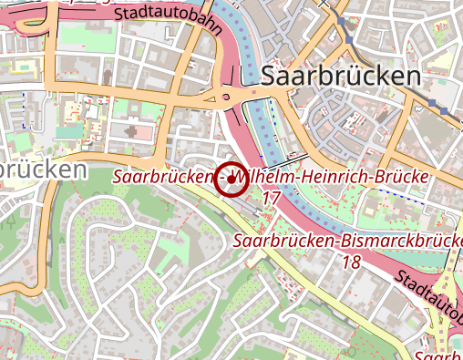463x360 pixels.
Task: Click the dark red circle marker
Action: [x=231, y=179]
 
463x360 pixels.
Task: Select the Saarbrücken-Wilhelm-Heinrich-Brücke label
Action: [x=271, y=176]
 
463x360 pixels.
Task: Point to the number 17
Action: [x=270, y=197]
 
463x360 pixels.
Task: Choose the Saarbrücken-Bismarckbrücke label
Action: [x=347, y=242]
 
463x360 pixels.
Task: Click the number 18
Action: [x=352, y=262]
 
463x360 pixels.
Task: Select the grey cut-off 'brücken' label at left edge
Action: [x=44, y=170]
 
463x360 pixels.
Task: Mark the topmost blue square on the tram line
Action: [x=341, y=19]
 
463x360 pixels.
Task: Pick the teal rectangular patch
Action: [x=68, y=132]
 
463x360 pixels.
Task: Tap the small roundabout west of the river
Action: [x=224, y=97]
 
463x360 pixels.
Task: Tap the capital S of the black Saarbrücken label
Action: [x=270, y=77]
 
